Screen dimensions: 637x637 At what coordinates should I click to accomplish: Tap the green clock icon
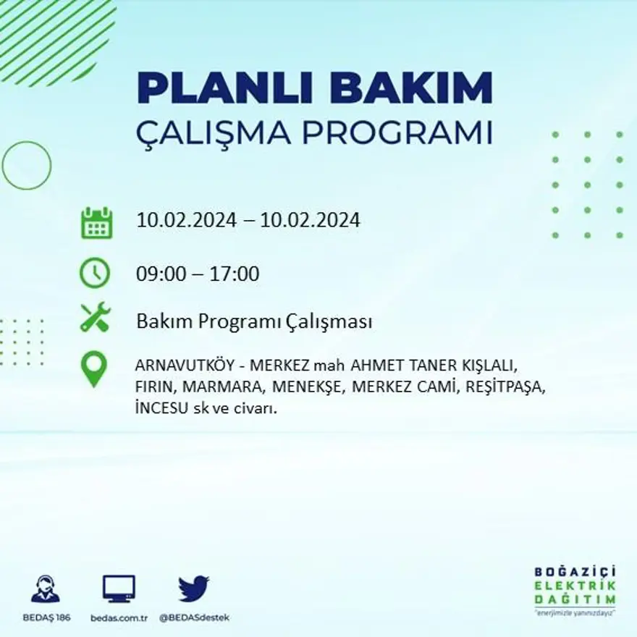tap(95, 273)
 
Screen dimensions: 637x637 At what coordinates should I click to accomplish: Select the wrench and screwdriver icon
tap(95, 317)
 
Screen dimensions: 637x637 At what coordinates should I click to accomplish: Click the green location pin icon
tap(93, 368)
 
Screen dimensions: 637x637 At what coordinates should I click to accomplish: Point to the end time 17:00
tap(235, 274)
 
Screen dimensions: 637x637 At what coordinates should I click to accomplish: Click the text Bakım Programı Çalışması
tap(254, 321)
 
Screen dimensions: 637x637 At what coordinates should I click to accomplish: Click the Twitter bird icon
tap(193, 589)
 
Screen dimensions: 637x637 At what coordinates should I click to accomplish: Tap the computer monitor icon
tap(119, 589)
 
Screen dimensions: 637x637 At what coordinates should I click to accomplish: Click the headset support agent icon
tap(46, 589)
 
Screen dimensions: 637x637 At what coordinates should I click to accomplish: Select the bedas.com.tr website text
tap(119, 617)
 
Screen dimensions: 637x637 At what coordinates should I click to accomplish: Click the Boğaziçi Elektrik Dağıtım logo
tap(575, 590)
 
